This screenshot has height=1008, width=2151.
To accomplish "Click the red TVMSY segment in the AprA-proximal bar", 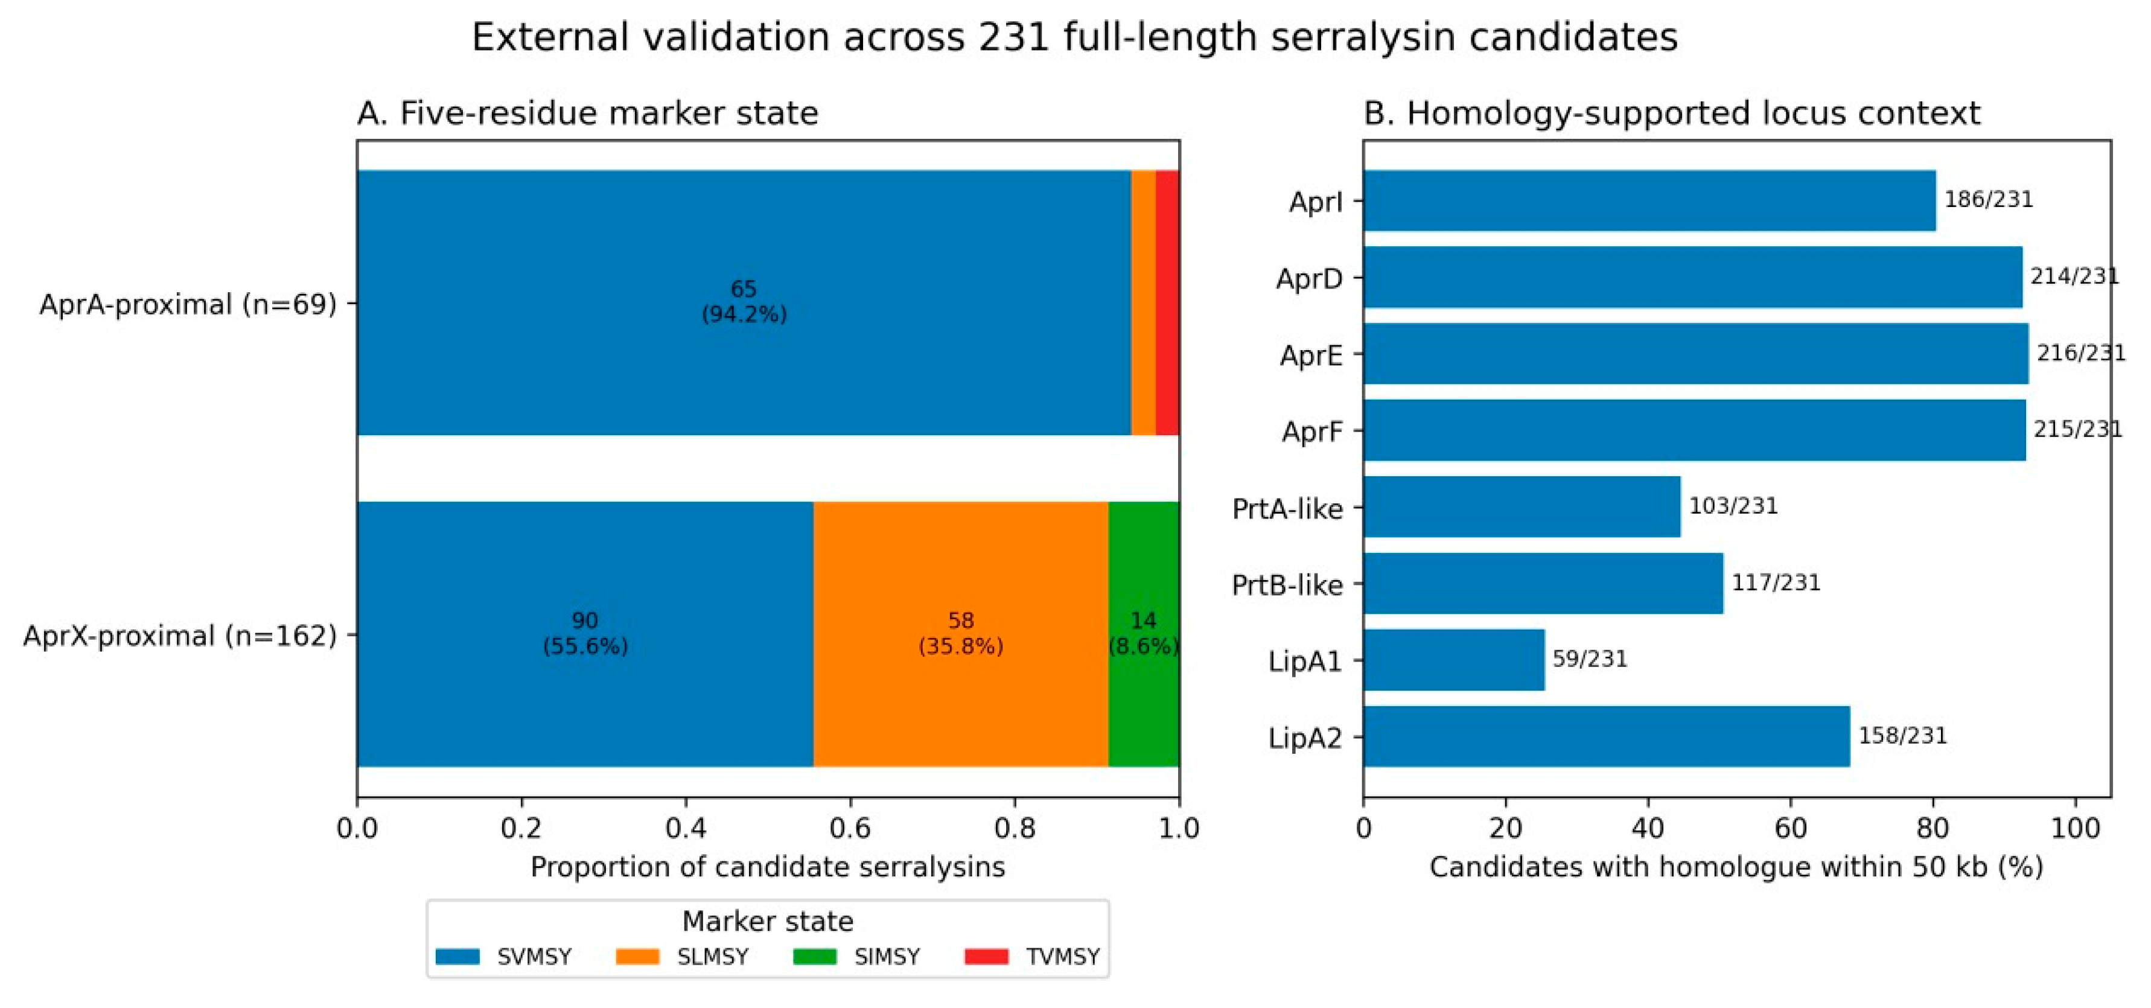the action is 1167,302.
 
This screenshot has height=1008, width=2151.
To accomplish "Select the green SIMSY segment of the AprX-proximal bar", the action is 1144,634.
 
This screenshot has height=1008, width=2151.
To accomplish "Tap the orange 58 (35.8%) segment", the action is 961,634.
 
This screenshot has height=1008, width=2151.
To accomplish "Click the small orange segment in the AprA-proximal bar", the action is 1143,302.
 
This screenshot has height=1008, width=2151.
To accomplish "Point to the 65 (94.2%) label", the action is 744,301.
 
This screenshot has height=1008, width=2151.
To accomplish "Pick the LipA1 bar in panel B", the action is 1454,660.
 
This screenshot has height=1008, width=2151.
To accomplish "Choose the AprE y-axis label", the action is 1311,356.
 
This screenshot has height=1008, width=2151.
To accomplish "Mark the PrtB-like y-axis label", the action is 1287,585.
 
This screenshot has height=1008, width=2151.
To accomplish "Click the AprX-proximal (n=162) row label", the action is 179,636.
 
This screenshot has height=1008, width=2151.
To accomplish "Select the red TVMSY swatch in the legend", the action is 986,956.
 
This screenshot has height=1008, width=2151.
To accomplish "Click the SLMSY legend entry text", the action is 712,956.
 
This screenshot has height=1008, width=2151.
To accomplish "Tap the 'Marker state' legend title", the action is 767,921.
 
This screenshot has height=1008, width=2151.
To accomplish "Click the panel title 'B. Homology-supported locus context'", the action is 1672,113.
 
